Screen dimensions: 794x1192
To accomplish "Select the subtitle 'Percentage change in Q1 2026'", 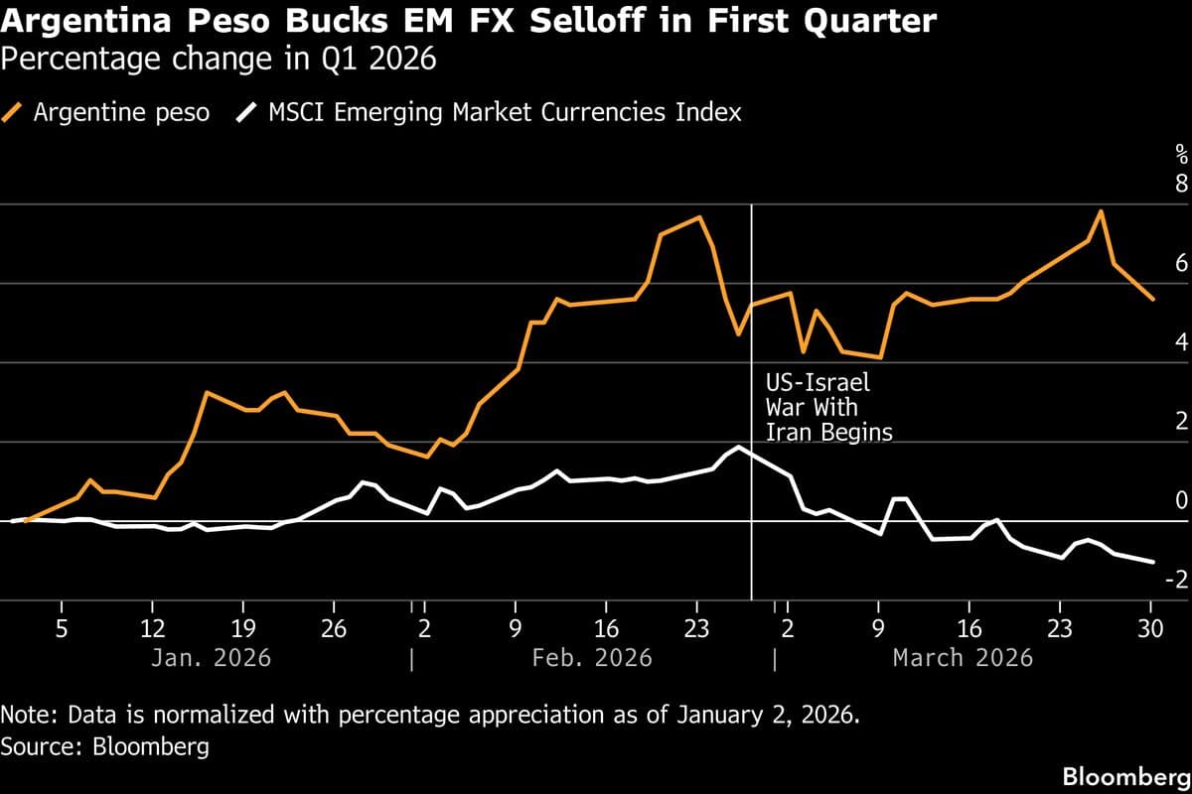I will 219,60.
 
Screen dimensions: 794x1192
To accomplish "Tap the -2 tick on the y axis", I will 1177,581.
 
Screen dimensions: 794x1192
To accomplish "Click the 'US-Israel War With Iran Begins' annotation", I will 828,407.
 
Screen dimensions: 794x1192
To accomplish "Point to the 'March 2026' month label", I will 963,657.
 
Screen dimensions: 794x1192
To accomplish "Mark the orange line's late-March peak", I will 1101,211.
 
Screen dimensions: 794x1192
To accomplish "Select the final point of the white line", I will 1152,562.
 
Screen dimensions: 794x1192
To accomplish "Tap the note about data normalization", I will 428,715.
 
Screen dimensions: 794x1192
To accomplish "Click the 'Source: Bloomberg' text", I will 105,745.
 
